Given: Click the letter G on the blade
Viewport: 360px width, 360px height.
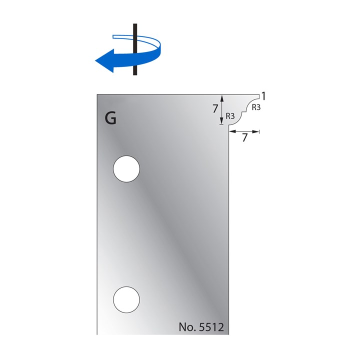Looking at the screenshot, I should tap(111, 118).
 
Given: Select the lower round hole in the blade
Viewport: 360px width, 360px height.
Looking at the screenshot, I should tap(126, 300).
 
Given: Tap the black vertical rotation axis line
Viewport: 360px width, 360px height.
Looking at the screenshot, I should tap(134, 30).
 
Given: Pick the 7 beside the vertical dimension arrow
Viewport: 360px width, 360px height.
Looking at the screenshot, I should tap(214, 108).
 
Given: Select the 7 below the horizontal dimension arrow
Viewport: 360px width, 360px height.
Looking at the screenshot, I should tap(244, 139).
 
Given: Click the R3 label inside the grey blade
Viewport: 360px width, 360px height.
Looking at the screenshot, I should tap(230, 115).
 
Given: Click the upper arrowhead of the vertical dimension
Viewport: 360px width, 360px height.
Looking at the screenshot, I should tap(222, 97).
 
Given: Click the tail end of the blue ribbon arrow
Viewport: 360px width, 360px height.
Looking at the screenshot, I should tap(116, 36).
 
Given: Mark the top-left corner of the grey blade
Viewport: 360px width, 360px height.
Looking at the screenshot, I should tap(97, 93).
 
